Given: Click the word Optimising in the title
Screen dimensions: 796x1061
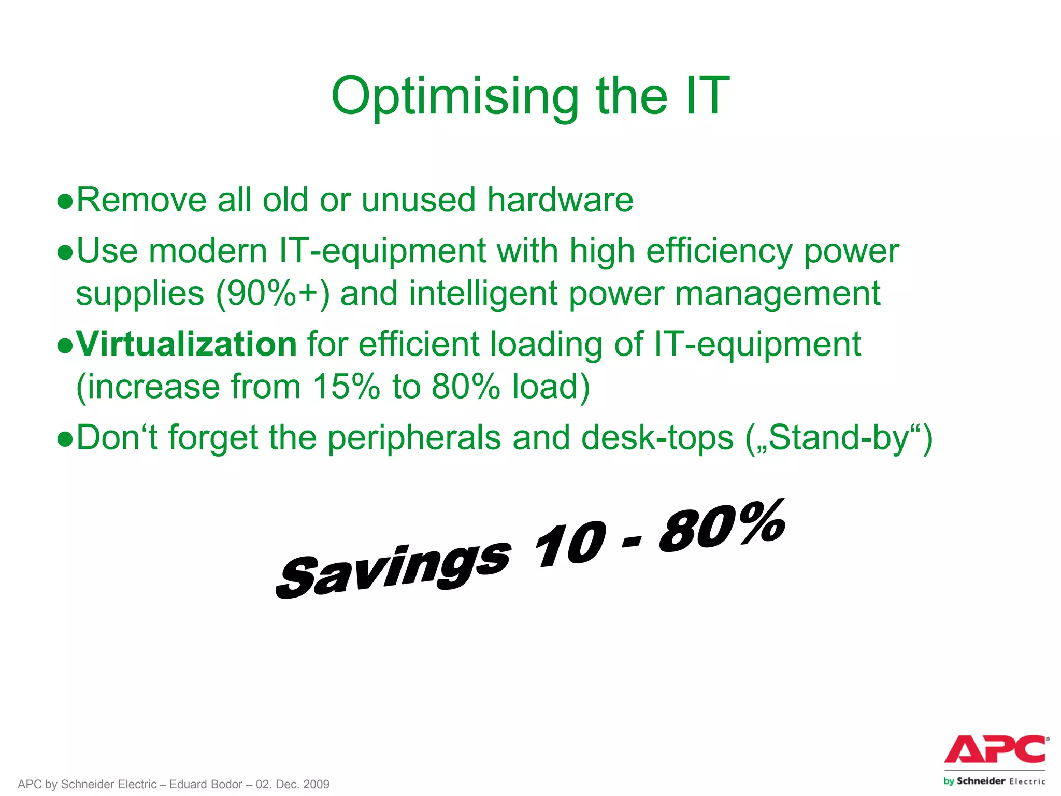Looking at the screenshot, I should point(454,96).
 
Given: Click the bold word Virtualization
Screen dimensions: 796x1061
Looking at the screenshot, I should point(187,344).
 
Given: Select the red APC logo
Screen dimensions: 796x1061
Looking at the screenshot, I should point(995,749).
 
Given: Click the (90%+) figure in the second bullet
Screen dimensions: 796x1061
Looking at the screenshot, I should point(273,294).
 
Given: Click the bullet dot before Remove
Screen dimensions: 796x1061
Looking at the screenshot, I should point(65,201).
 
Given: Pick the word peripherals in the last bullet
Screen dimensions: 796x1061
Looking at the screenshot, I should point(414,438).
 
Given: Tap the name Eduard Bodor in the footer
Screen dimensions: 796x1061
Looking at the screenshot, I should point(206,784).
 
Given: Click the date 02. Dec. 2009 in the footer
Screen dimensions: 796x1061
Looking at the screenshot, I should point(293,784).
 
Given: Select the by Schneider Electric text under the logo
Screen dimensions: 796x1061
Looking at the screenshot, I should point(994,781).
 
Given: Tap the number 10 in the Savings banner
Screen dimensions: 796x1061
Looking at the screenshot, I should point(570,544).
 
